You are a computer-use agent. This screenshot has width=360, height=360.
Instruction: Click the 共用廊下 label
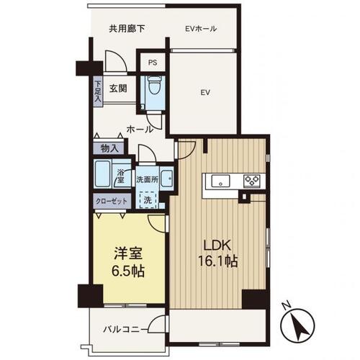[x=127, y=29]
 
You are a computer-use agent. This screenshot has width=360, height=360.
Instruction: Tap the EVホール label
[x=201, y=29]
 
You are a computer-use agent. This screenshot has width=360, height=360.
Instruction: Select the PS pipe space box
[x=153, y=63]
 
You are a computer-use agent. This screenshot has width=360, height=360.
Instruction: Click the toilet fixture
[x=153, y=85]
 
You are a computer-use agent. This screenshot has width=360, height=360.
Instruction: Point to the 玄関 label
[x=118, y=89]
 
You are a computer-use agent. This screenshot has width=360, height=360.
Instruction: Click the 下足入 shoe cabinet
[x=98, y=91]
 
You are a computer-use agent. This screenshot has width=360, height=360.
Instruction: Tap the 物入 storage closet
[x=109, y=148]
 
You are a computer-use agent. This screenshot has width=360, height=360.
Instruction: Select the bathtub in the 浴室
[x=102, y=174]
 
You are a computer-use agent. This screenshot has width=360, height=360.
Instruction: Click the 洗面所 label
[x=147, y=179]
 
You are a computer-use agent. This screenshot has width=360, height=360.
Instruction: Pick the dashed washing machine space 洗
[x=148, y=200]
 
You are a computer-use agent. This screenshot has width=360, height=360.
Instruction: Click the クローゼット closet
[x=112, y=201]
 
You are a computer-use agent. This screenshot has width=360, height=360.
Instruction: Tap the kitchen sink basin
[x=220, y=181]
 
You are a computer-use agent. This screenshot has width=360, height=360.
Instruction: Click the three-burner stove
[x=252, y=181]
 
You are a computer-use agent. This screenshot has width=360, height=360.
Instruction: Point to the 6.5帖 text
[x=127, y=271]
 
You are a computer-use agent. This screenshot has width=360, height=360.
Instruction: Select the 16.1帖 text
[x=217, y=261]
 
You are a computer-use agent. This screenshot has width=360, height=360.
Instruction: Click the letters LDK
[x=217, y=246]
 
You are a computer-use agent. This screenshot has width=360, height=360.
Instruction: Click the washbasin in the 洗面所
[x=167, y=179]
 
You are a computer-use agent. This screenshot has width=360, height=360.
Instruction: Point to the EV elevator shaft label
[x=205, y=92]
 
